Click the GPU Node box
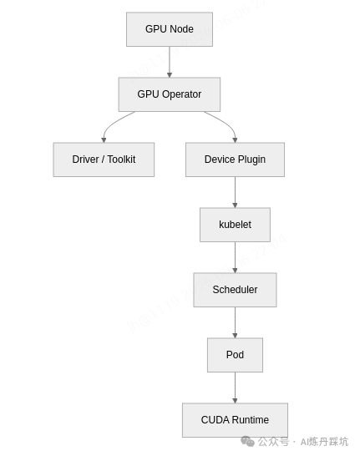170,29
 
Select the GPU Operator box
170,94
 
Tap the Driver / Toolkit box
104,160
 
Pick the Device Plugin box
235,160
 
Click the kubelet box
235,225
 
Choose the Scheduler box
235,290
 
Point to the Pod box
235,355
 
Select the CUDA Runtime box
235,420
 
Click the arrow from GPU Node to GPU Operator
170,62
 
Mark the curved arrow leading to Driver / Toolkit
112,123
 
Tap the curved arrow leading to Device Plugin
226,124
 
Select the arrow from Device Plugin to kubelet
235,192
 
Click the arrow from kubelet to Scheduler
235,257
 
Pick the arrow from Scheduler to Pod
235,322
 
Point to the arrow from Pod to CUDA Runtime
235,388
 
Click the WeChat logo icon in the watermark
247,442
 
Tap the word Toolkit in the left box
121,160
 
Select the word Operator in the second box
181,94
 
